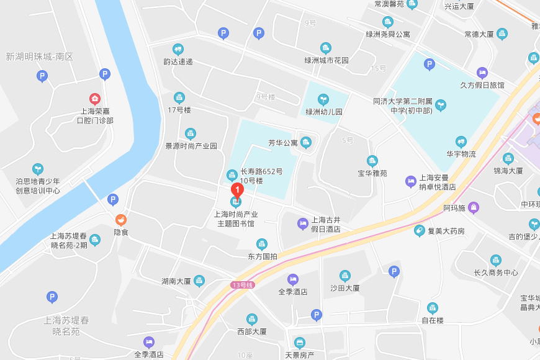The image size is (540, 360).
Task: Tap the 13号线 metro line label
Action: [x=242, y=285]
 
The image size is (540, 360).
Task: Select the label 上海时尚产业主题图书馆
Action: [x=235, y=218]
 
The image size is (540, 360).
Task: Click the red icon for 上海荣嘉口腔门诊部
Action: [x=95, y=98]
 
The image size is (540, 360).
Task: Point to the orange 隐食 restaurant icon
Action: [x=120, y=219]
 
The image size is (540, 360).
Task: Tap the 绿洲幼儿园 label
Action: [x=323, y=112]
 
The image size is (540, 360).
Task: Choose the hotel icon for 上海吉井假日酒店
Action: [x=303, y=223]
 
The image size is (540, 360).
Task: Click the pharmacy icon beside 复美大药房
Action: [x=420, y=231]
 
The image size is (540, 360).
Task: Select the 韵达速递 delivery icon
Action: [x=178, y=49]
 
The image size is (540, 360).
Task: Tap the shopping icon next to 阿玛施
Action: [x=474, y=207]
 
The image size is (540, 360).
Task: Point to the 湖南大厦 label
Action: [x=176, y=281]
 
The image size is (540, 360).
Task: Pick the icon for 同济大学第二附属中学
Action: [x=441, y=105]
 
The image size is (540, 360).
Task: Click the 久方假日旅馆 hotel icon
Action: [x=482, y=73]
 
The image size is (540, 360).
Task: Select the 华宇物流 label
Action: [x=461, y=154]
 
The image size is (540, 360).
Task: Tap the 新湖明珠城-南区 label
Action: [x=39, y=57]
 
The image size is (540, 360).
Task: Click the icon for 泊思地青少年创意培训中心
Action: [x=38, y=169]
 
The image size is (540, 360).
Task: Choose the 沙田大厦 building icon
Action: [x=345, y=276]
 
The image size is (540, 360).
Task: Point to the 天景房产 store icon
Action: [x=300, y=343]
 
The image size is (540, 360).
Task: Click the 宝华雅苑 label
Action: [x=372, y=173]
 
